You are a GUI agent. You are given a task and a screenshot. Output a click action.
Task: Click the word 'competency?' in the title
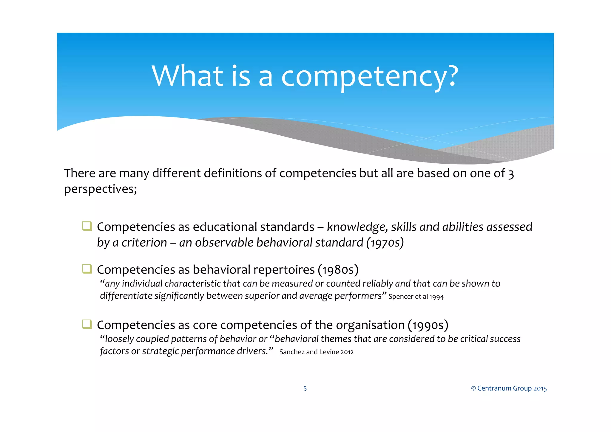[369, 77]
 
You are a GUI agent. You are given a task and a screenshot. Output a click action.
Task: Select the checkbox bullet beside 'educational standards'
[87, 226]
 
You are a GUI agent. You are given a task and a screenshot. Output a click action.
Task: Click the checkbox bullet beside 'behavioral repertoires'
[87, 269]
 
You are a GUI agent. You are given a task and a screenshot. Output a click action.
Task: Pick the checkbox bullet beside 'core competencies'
[87, 324]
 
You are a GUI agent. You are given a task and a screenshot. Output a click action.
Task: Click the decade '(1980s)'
[338, 270]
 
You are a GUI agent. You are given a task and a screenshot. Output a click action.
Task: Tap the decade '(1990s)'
[428, 325]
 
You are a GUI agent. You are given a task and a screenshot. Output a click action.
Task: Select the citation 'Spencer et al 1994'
[416, 297]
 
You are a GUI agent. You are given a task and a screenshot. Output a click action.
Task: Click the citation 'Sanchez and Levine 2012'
[316, 352]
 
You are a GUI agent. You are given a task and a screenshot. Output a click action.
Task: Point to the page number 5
[305, 388]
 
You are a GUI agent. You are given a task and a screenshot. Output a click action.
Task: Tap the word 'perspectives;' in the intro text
[101, 189]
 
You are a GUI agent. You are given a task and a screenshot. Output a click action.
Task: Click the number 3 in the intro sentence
[511, 174]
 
